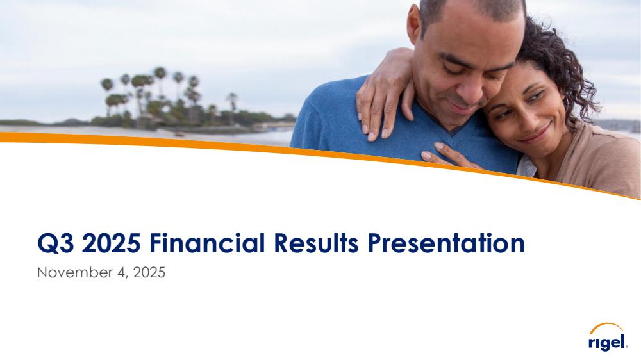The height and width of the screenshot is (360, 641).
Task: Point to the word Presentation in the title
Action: point(446,243)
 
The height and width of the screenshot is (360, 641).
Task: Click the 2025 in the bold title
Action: point(111,243)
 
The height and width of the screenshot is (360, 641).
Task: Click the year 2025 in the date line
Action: point(149,272)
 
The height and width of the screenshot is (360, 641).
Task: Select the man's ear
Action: point(413,20)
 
